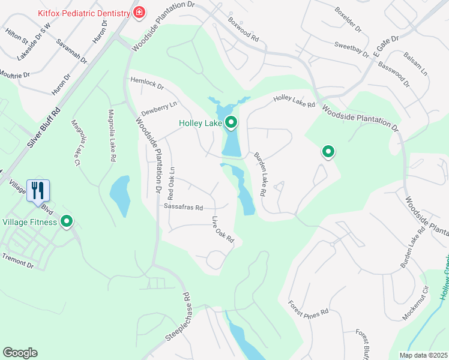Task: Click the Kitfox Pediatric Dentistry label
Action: point(84,13)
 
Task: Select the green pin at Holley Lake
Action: point(231,124)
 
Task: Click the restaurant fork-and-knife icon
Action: point(38,190)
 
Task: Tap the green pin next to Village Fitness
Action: point(68,222)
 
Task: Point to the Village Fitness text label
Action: point(30,222)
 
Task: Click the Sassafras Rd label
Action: point(183,207)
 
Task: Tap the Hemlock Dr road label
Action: point(147,83)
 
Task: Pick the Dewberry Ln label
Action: point(159,109)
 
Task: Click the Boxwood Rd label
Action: point(243,28)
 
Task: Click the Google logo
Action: point(20,353)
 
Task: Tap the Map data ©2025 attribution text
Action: point(424,355)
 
